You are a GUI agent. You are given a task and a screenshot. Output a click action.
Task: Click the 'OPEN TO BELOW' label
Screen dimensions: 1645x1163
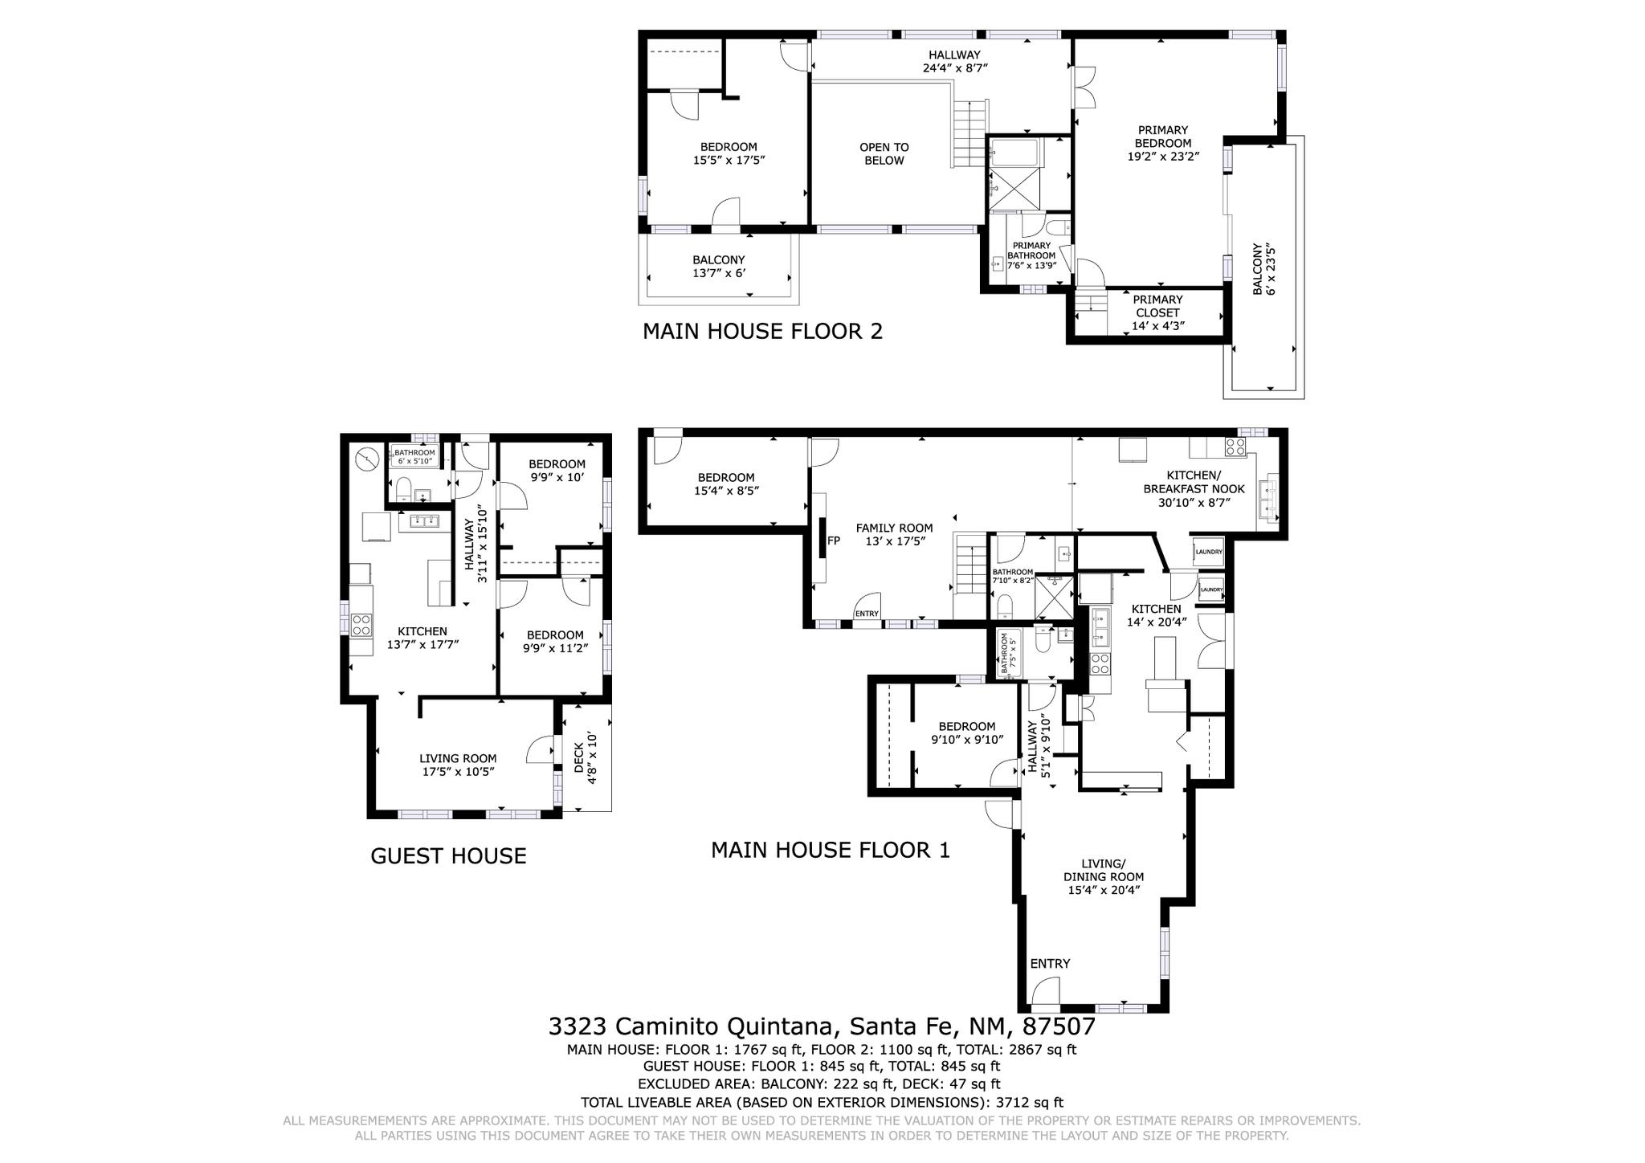(884, 153)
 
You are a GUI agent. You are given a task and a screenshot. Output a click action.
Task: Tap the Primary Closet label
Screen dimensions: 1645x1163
(1157, 312)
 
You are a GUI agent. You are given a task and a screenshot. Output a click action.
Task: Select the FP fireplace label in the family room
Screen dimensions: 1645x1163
(834, 541)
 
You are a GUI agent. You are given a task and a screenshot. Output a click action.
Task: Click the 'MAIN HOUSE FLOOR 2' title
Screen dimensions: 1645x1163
(762, 331)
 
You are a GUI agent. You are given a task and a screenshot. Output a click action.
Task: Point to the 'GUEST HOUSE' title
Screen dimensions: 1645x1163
(448, 855)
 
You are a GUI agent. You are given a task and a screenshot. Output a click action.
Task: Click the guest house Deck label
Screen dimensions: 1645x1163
(585, 757)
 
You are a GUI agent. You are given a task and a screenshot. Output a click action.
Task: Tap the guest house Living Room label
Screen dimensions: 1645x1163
(458, 765)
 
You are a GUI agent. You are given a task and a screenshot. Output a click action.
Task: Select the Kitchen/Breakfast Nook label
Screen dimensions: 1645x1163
(1194, 489)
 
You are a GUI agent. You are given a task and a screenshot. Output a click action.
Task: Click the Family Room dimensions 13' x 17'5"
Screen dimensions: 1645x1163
(894, 541)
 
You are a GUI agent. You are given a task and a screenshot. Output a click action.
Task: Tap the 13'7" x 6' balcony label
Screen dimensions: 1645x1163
(719, 273)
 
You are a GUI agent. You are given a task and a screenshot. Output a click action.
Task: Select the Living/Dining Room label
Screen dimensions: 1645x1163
(1104, 877)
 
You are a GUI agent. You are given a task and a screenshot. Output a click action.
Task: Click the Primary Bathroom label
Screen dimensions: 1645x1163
(1031, 255)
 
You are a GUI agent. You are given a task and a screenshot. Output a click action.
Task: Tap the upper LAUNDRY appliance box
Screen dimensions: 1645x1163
(1209, 552)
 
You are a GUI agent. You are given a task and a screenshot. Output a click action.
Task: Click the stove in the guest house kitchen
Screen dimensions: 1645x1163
(361, 624)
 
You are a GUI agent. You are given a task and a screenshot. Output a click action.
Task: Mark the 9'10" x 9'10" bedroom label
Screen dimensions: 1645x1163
(967, 732)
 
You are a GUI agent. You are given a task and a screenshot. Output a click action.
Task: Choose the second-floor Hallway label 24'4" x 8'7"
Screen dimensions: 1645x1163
(955, 62)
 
